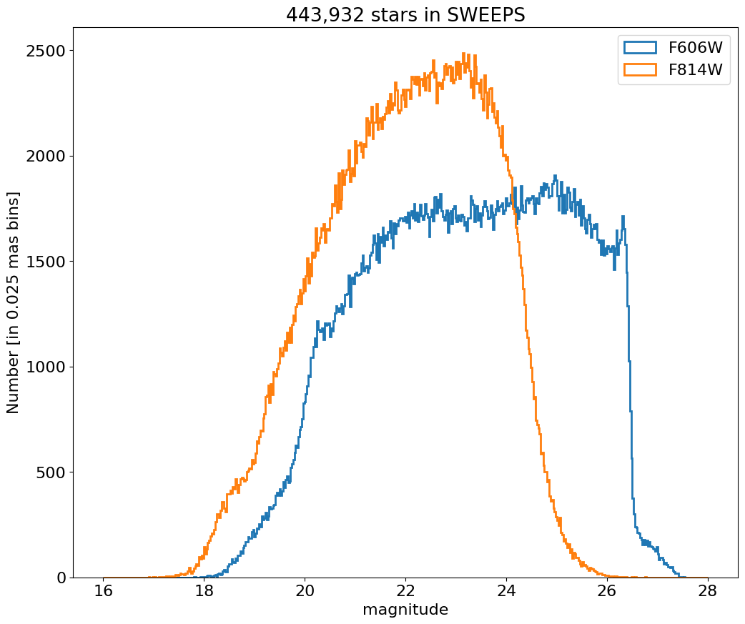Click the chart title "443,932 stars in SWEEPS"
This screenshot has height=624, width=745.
click(x=405, y=14)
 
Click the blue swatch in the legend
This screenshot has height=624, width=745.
click(x=640, y=48)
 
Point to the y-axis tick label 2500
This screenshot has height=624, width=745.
click(x=45, y=51)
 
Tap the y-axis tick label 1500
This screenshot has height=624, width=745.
click(x=45, y=262)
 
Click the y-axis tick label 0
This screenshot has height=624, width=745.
click(x=61, y=578)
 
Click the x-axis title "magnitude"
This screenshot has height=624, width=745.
click(x=405, y=610)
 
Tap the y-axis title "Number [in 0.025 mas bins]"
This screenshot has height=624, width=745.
click(x=14, y=302)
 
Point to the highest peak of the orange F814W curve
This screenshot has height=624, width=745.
click(x=464, y=54)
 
